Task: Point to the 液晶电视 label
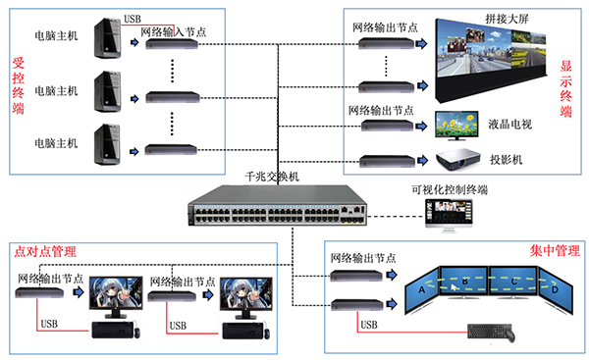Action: [510, 124]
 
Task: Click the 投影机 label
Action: [507, 159]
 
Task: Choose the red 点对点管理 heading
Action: [45, 252]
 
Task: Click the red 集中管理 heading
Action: [547, 252]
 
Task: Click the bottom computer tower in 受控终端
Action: [102, 143]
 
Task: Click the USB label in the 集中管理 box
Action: [369, 324]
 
